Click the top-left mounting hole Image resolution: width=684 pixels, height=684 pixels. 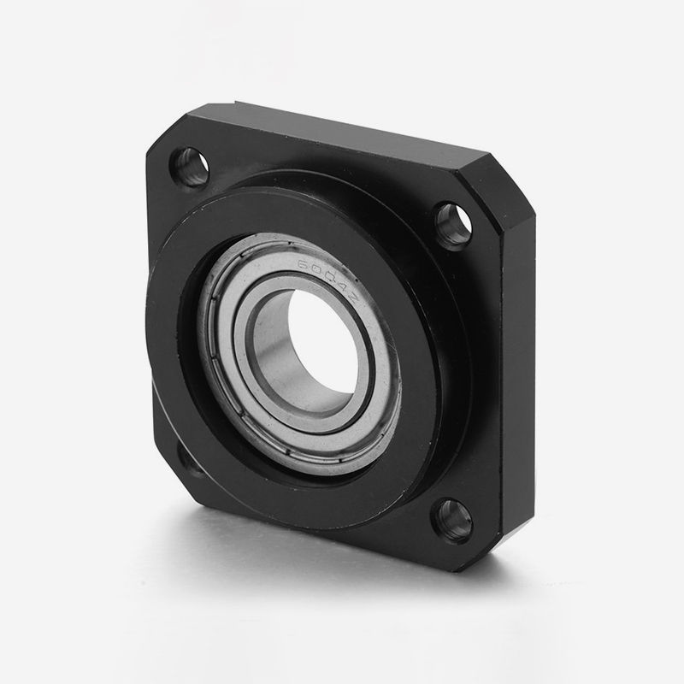(x=192, y=165)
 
